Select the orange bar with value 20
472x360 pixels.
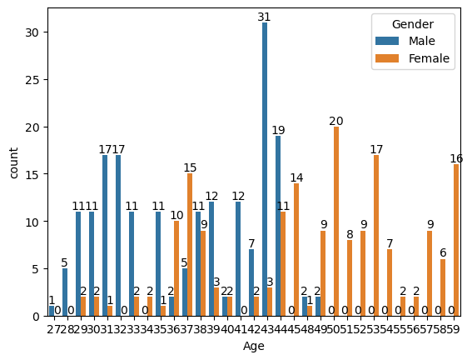[336, 222]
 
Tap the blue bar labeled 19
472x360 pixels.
[278, 226]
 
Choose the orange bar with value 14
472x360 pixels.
[296, 250]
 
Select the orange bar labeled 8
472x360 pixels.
[350, 278]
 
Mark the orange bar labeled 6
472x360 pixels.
[443, 287]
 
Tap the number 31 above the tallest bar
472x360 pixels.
[265, 17]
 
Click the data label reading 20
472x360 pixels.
[336, 121]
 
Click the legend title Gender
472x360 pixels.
[411, 24]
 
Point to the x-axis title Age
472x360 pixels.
[254, 346]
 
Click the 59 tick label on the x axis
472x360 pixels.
[454, 328]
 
